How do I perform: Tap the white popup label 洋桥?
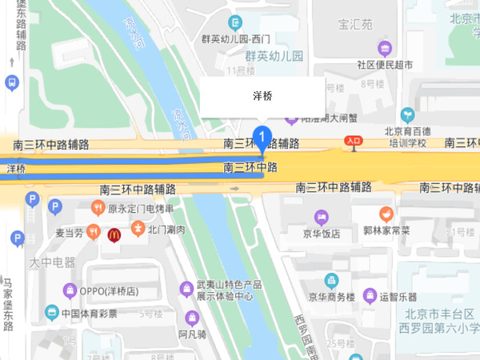tap(262, 96)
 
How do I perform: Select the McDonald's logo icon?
tap(114, 233)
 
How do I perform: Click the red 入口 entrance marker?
tap(354, 141)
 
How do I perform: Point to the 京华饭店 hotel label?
tap(321, 233)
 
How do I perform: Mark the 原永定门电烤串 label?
tap(141, 210)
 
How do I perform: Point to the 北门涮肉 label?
tap(166, 230)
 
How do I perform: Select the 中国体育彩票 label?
tap(90, 313)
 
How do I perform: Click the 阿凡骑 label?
tap(193, 334)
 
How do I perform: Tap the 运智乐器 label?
tap(400, 296)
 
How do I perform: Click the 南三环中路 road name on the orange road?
tap(250, 168)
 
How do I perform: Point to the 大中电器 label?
tap(52, 262)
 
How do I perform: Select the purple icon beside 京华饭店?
tap(321, 217)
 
